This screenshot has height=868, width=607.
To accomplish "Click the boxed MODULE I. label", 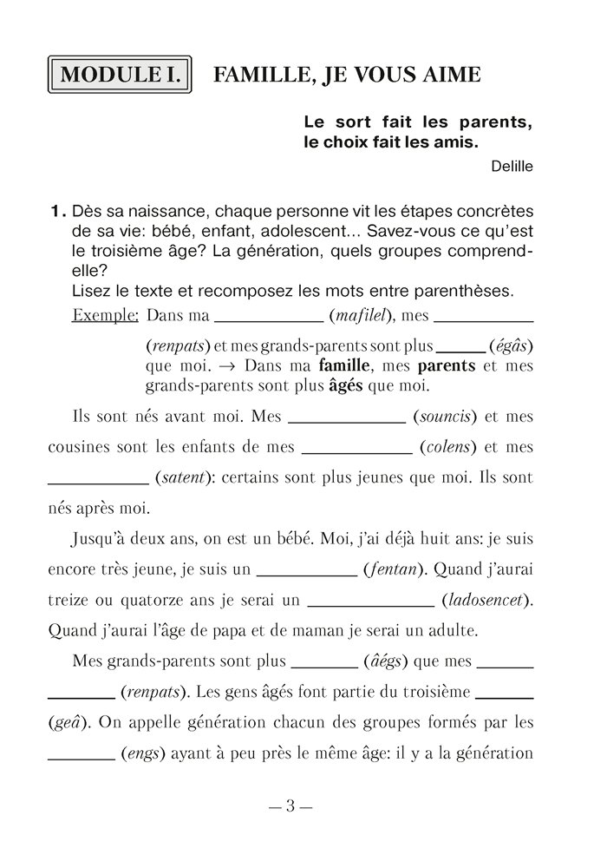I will (121, 75).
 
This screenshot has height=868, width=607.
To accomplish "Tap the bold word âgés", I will (350, 384).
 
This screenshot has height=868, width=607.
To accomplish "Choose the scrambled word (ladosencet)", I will (486, 601).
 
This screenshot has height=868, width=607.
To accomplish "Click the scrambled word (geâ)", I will (69, 723).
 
